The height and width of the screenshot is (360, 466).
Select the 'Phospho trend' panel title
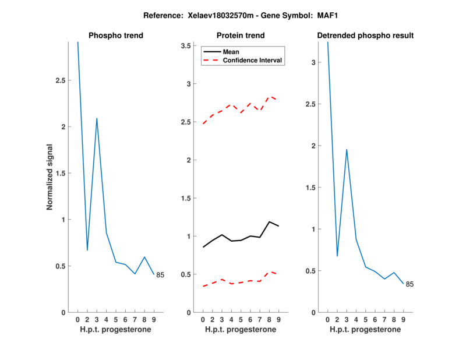click(115, 36)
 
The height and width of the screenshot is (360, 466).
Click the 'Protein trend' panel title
click(241, 36)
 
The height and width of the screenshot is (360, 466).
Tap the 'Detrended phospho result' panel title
click(365, 36)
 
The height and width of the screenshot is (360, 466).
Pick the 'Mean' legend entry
click(231, 51)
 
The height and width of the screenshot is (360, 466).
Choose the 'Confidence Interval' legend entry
click(253, 60)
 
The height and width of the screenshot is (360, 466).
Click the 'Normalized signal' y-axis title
click(50, 177)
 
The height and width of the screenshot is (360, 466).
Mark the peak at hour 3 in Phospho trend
click(97, 118)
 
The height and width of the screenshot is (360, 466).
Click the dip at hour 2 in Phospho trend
click(87, 250)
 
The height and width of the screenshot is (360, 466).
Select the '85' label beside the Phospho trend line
click(160, 275)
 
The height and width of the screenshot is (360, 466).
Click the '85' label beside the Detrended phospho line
click(409, 284)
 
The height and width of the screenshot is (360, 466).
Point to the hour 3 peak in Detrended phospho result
click(347, 150)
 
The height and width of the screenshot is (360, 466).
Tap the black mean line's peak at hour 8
click(270, 222)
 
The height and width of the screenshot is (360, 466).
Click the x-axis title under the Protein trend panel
click(241, 330)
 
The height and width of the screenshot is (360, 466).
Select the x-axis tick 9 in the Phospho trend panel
click(154, 320)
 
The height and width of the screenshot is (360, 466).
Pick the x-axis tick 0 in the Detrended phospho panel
click(328, 320)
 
